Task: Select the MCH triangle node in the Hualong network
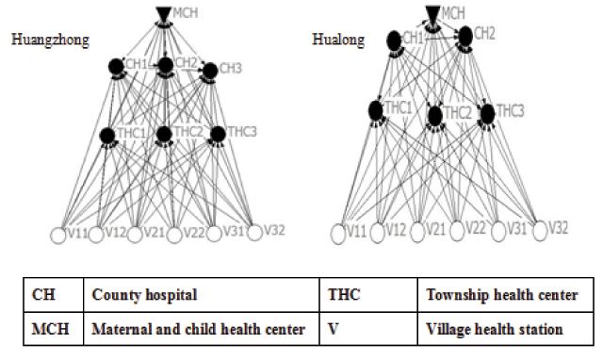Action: [432, 13]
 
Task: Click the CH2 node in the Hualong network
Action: [465, 35]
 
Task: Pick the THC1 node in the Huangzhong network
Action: [107, 135]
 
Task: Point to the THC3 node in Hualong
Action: [487, 113]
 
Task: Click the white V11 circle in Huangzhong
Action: [59, 233]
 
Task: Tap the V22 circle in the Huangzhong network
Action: [174, 233]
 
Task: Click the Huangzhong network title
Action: [48, 40]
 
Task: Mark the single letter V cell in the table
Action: [334, 329]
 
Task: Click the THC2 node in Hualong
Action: [434, 116]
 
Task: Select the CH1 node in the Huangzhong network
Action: [117, 66]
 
